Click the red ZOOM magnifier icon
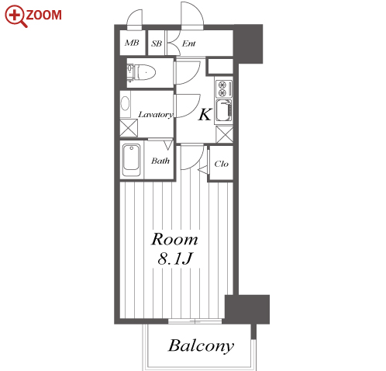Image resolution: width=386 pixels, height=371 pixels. [x=16, y=16]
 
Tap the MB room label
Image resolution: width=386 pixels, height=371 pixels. [x=132, y=43]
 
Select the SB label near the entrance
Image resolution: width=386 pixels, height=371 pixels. [x=157, y=43]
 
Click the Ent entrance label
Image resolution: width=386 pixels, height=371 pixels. [x=188, y=43]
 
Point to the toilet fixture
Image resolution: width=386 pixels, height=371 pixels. [x=141, y=72]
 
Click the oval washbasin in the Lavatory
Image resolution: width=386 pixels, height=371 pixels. [x=126, y=104]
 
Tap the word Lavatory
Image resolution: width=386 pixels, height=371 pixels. [x=156, y=115]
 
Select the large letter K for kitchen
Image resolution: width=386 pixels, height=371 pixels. [x=205, y=115]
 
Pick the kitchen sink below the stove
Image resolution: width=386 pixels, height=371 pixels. [x=224, y=111]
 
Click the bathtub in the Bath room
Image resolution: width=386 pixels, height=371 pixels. [x=132, y=160]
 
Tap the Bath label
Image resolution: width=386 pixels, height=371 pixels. [x=160, y=161]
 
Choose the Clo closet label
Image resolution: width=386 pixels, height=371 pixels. [x=222, y=164]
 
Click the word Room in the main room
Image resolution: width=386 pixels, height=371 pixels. [x=174, y=239]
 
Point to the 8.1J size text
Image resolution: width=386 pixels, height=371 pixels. [x=175, y=258]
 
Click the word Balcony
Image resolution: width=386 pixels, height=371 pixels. [x=202, y=346]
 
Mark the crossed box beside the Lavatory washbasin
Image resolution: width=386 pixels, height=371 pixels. [x=129, y=128]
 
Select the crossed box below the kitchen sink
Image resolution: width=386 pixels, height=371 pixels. [x=224, y=134]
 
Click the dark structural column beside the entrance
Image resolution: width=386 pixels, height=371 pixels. [x=248, y=43]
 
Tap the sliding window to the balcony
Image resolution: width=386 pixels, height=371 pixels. [x=195, y=321]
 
